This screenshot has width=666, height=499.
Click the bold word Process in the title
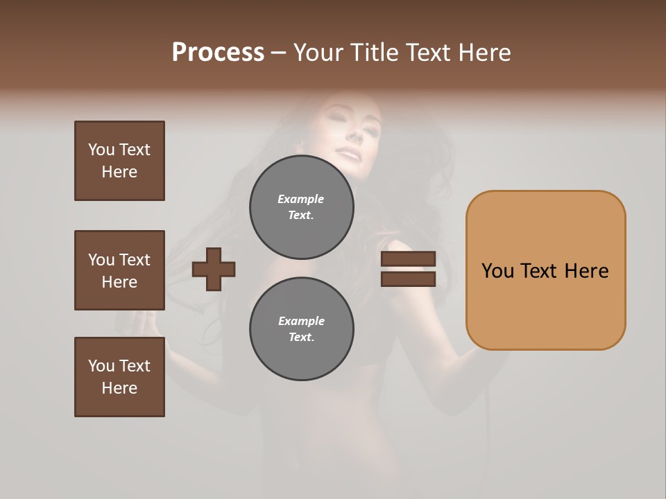[x=218, y=53]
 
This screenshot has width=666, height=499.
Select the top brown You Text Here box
[x=119, y=161]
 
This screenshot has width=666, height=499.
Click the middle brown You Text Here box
[x=119, y=270]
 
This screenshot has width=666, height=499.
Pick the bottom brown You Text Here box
[x=119, y=377]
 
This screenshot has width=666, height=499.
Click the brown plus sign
[x=214, y=269]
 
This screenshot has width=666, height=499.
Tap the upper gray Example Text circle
[x=301, y=207]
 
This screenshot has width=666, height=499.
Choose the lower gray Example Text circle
[x=301, y=329]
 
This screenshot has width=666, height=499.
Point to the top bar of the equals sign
[x=408, y=259]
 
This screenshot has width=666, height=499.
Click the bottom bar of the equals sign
[x=408, y=279]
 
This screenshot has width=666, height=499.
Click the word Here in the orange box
[x=586, y=271]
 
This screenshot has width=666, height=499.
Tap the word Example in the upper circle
[x=300, y=199]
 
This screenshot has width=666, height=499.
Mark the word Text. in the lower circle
[x=301, y=338]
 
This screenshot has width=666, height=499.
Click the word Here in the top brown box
[x=119, y=172]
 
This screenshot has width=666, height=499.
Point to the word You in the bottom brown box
[x=101, y=366]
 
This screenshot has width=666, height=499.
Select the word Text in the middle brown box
[x=135, y=260]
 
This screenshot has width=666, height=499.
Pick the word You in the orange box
[x=497, y=271]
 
